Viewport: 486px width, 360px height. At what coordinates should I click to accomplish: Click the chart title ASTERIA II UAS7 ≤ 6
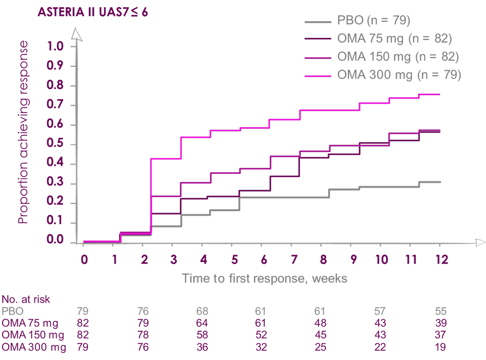[x=93, y=12]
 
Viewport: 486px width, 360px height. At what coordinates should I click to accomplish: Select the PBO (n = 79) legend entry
[x=373, y=20]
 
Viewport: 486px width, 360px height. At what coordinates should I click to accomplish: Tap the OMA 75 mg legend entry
[x=394, y=38]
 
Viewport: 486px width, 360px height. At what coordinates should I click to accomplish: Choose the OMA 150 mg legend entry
[x=398, y=57]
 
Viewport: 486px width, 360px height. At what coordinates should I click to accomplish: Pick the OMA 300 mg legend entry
[x=399, y=75]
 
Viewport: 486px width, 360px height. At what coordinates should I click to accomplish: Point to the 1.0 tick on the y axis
[x=55, y=46]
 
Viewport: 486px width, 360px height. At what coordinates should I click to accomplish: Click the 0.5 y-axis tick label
[x=55, y=144]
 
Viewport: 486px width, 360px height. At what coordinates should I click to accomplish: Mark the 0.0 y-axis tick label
[x=55, y=240]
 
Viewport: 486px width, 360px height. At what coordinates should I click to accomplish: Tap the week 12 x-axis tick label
[x=441, y=260]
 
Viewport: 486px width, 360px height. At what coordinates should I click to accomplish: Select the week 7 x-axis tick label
[x=294, y=260]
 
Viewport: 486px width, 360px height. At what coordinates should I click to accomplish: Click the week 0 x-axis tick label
[x=84, y=260]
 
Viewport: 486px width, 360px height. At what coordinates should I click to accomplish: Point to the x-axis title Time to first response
[x=265, y=278]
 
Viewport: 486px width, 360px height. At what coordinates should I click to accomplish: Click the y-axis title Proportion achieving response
[x=23, y=132]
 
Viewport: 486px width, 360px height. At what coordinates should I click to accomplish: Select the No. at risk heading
[x=26, y=300]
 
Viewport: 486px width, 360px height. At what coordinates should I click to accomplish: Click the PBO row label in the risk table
[x=12, y=311]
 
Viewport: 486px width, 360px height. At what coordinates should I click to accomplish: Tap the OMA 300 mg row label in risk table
[x=34, y=347]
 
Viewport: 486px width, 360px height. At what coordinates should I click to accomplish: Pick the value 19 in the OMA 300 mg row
[x=440, y=347]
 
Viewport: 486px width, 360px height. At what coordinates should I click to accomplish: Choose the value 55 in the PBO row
[x=441, y=311]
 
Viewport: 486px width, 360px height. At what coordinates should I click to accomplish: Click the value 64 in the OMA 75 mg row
[x=202, y=323]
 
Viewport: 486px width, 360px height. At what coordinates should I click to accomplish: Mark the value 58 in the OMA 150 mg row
[x=202, y=335]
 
